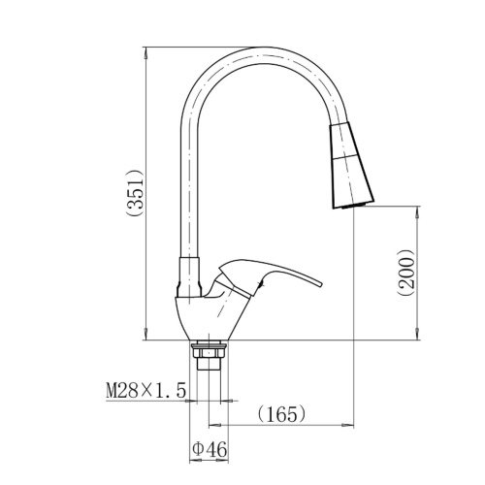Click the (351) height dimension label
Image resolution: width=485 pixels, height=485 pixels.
tap(135, 192)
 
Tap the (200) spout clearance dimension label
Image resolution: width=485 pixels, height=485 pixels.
tap(406, 273)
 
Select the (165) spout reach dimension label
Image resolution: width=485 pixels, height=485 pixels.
tap(281, 414)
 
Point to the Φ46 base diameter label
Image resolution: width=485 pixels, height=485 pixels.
tap(210, 449)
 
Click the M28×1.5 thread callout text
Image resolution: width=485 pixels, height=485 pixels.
tap(146, 390)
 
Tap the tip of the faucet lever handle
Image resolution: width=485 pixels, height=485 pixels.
tap(321, 284)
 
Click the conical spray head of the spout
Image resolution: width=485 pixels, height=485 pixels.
tap(351, 165)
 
